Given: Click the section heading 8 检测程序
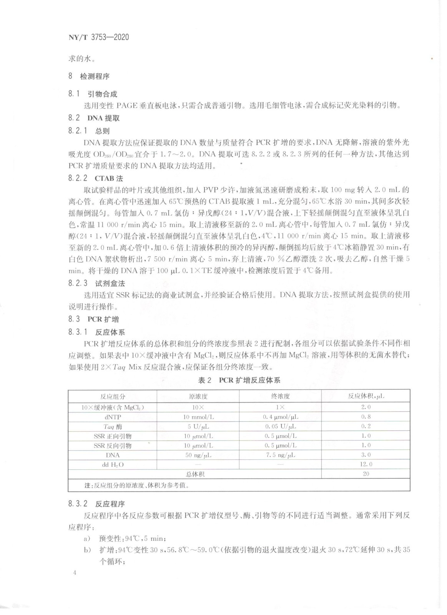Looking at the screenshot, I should coord(89,76).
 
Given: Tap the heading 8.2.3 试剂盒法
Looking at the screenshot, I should coord(96,283).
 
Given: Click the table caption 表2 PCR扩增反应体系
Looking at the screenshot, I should coord(239,380).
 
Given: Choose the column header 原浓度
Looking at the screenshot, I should coord(198,396).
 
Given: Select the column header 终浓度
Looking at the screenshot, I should coord(280,396).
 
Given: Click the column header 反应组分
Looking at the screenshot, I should coord(113,396).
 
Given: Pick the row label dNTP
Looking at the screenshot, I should coord(113,417).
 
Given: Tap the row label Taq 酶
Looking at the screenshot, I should coord(113,426).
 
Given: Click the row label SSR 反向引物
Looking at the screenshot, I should coord(113,445).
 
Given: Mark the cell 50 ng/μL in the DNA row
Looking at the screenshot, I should coord(198,455).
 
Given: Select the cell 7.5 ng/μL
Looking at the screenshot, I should coord(280,455).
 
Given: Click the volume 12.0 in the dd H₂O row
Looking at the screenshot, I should coord(366,464).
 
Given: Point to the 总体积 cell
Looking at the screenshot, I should coord(195,474).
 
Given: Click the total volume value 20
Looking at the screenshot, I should coord(366,474).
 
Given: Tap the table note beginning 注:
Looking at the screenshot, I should coord(136,485).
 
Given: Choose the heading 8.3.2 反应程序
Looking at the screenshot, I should coord(96,504).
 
